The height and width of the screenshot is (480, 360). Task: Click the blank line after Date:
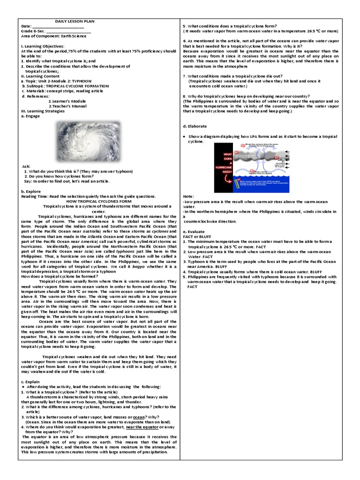[59, 26]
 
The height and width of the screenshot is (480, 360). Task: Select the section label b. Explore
[31, 191]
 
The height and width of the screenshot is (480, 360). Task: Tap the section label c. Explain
[31, 382]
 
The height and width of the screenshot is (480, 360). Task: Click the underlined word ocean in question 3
[139, 417]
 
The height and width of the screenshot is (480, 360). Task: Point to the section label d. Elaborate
[195, 126]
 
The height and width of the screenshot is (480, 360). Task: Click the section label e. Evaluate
[194, 232]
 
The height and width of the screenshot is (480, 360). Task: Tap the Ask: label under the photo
[27, 166]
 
